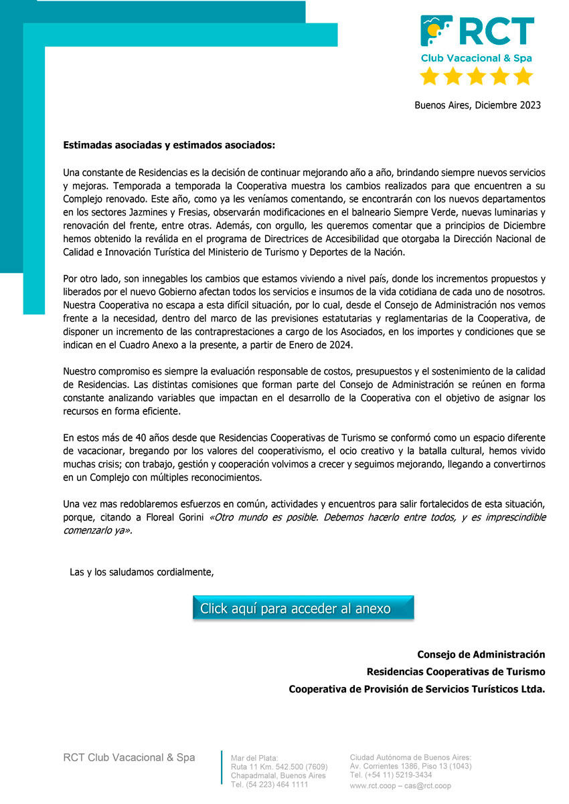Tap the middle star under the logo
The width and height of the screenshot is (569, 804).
coord(477,76)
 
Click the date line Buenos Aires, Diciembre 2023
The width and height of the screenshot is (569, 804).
coord(477,105)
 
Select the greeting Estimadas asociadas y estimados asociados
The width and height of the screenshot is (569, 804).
coord(169,144)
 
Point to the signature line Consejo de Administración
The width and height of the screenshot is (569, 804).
coord(481,654)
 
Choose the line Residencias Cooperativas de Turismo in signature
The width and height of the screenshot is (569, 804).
coord(455,672)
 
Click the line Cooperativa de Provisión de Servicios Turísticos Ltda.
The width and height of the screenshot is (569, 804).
coord(416,689)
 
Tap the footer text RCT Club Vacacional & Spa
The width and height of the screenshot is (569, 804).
coord(129,757)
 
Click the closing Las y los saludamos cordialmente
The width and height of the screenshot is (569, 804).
coord(141,571)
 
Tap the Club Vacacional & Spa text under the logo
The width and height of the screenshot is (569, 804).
coord(476,58)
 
